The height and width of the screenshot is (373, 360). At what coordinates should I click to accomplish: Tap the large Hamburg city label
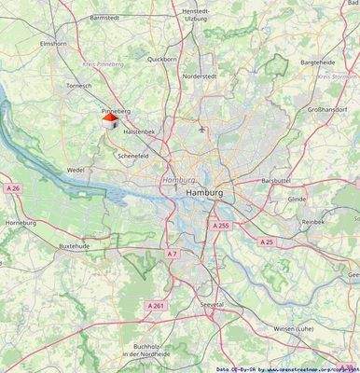click(205, 192)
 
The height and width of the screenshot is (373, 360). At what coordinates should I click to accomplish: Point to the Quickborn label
click(161, 59)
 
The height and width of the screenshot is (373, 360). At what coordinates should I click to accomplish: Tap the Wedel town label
click(76, 171)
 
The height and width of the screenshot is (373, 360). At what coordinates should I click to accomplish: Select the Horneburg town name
click(21, 224)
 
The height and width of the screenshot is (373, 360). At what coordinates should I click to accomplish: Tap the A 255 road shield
click(220, 226)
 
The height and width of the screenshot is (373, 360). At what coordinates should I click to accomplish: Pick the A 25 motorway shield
click(267, 242)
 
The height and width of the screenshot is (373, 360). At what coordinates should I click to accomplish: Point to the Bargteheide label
click(318, 62)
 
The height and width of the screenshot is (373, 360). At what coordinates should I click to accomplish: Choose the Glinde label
click(298, 200)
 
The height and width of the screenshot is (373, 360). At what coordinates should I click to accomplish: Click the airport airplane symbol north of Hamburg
click(202, 129)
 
